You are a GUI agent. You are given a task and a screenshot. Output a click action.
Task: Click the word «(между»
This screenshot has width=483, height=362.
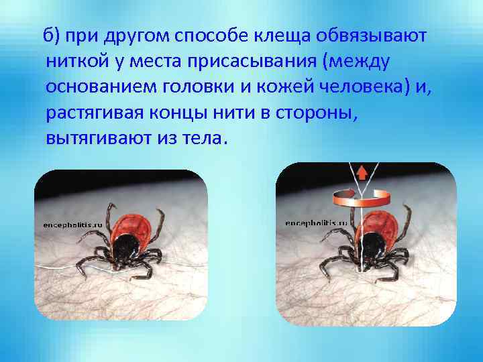tap(356, 62)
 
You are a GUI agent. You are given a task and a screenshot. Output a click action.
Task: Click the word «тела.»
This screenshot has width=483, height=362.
tap(209, 140)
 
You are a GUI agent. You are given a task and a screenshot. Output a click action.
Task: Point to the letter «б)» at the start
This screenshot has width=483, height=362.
tap(52, 36)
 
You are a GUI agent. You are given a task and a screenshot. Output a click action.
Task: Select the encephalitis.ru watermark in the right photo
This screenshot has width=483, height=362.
tap(315, 223)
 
